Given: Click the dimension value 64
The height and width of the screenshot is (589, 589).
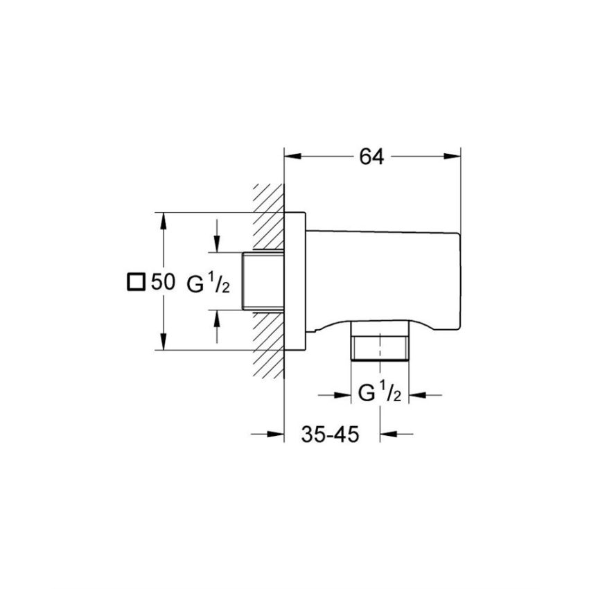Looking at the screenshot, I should [371, 157].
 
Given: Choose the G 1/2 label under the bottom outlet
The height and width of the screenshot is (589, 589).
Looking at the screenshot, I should [379, 395].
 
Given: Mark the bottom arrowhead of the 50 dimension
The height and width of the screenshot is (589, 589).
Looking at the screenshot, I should [164, 343].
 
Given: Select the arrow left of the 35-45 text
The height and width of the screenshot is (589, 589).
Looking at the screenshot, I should [276, 434].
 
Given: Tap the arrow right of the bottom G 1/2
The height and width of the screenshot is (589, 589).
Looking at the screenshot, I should [416, 395].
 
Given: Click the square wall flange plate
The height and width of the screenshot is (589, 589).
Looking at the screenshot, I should [294, 281].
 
